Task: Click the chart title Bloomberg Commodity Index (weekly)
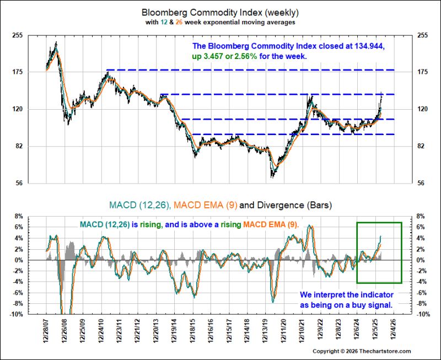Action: point(220,13)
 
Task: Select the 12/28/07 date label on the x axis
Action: point(46,331)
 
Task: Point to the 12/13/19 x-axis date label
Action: point(266,331)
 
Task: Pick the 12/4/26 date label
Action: point(394,330)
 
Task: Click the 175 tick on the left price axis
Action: point(18,72)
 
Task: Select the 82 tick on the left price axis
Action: point(19,146)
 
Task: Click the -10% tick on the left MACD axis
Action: point(16,314)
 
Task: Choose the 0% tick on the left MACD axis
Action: point(18,260)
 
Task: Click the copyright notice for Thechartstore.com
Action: point(362,351)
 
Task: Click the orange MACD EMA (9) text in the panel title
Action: point(205,205)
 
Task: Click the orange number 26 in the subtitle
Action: point(179,22)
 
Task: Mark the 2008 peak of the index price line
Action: point(56,42)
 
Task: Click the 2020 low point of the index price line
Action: point(271,178)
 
